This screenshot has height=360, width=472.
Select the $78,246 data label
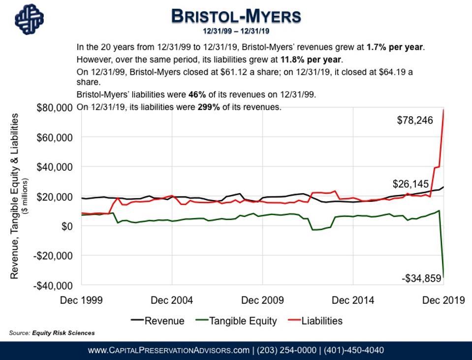(x=415, y=120)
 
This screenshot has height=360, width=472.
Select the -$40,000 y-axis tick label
(x=54, y=285)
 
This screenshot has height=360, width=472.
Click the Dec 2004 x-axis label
(x=172, y=300)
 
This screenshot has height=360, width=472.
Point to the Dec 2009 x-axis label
(x=262, y=300)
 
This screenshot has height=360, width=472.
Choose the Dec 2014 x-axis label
(x=353, y=300)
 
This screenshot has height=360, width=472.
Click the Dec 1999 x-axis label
(x=82, y=300)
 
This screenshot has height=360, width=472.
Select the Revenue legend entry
(x=158, y=321)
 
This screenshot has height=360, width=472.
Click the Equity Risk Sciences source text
(x=63, y=333)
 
